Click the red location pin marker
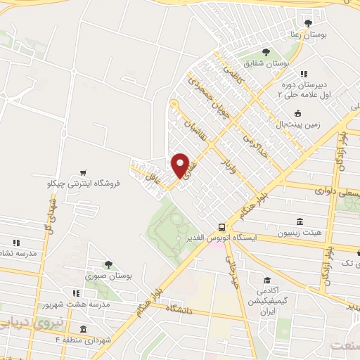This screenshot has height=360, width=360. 181,165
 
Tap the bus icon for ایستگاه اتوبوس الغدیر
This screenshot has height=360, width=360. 222,227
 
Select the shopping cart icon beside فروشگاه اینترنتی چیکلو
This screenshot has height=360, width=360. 83,172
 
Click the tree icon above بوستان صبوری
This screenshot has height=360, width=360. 108,264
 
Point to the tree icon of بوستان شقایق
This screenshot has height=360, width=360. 266,52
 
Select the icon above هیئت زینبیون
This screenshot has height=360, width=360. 300,221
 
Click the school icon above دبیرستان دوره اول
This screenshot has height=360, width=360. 303,75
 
